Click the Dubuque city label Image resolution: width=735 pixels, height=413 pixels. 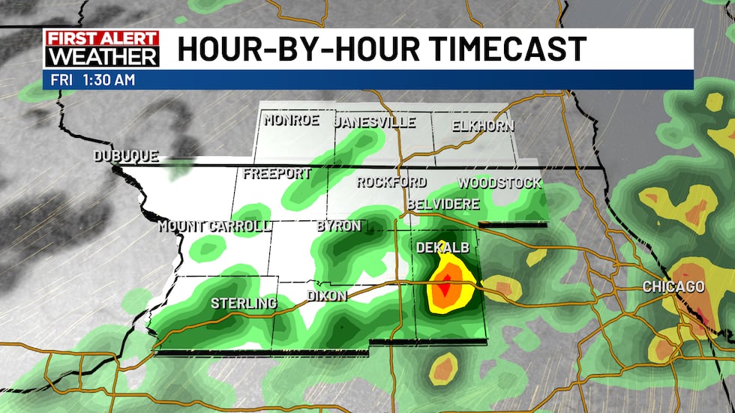tap(126, 156)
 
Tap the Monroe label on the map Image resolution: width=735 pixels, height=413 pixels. tap(292, 120)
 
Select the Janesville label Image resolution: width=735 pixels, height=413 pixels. tap(374, 122)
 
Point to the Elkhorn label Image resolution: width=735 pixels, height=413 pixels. tap(483, 126)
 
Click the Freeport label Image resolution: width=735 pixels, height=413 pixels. tap(277, 174)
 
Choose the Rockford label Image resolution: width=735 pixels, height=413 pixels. tap(391, 182)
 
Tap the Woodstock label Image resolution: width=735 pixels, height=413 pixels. tap(499, 183)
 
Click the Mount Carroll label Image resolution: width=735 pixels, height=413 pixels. tap(214, 226)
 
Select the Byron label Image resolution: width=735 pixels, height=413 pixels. tap(339, 226)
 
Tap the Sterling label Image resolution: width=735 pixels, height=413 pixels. tap(244, 304)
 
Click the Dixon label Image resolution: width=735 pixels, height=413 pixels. tap(327, 296)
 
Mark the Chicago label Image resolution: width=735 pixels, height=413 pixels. tap(673, 287)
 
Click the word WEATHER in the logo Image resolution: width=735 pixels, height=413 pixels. tap(100, 57)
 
